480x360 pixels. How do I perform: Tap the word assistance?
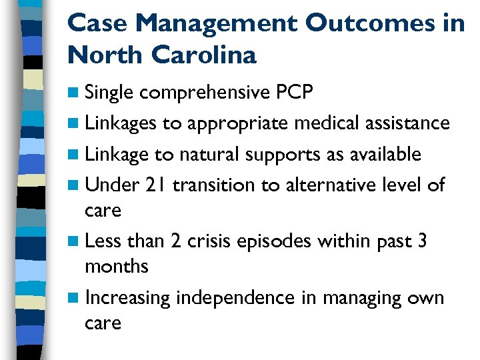(406, 123)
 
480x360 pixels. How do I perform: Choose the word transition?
(214, 185)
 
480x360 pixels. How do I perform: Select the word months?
(116, 267)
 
